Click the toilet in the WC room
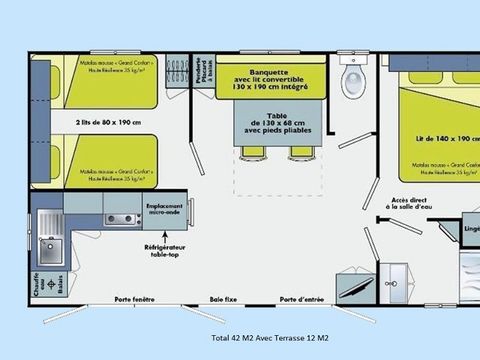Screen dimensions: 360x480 click(352, 80)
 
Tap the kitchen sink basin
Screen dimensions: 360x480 click(47, 240)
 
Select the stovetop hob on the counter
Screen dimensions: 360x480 click(122, 219)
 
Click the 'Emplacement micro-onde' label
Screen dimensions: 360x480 click(166, 207)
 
